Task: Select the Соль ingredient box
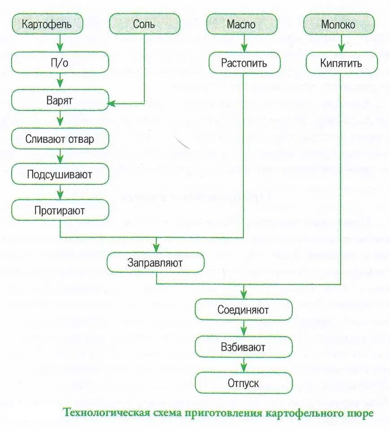click(x=144, y=24)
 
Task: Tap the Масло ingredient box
click(x=243, y=24)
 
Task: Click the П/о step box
click(x=60, y=62)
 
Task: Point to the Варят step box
click(x=60, y=100)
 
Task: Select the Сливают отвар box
click(x=60, y=138)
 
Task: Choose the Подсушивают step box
click(x=60, y=174)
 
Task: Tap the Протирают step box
click(x=60, y=210)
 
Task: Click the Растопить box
click(x=244, y=63)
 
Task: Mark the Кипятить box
click(x=341, y=63)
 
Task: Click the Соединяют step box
click(x=243, y=309)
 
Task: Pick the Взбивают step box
click(x=243, y=347)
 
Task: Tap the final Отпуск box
click(x=243, y=383)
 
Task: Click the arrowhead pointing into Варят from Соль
click(x=112, y=103)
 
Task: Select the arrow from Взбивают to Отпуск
click(x=243, y=365)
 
